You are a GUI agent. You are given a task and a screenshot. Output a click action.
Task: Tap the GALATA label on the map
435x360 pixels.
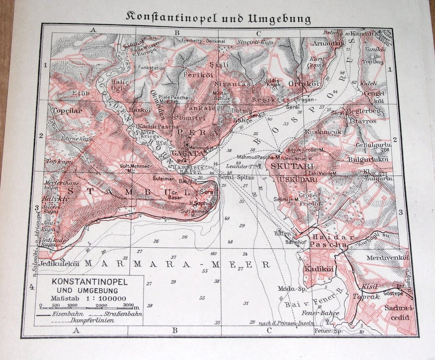click(186, 153)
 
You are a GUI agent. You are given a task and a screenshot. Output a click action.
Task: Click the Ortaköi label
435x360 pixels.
click(304, 83)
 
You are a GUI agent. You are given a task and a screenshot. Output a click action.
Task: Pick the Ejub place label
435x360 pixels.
click(72, 93)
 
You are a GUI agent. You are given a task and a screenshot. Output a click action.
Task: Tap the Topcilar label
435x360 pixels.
click(66, 110)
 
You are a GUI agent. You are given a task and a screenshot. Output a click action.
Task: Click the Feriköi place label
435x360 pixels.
click(196, 74)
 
